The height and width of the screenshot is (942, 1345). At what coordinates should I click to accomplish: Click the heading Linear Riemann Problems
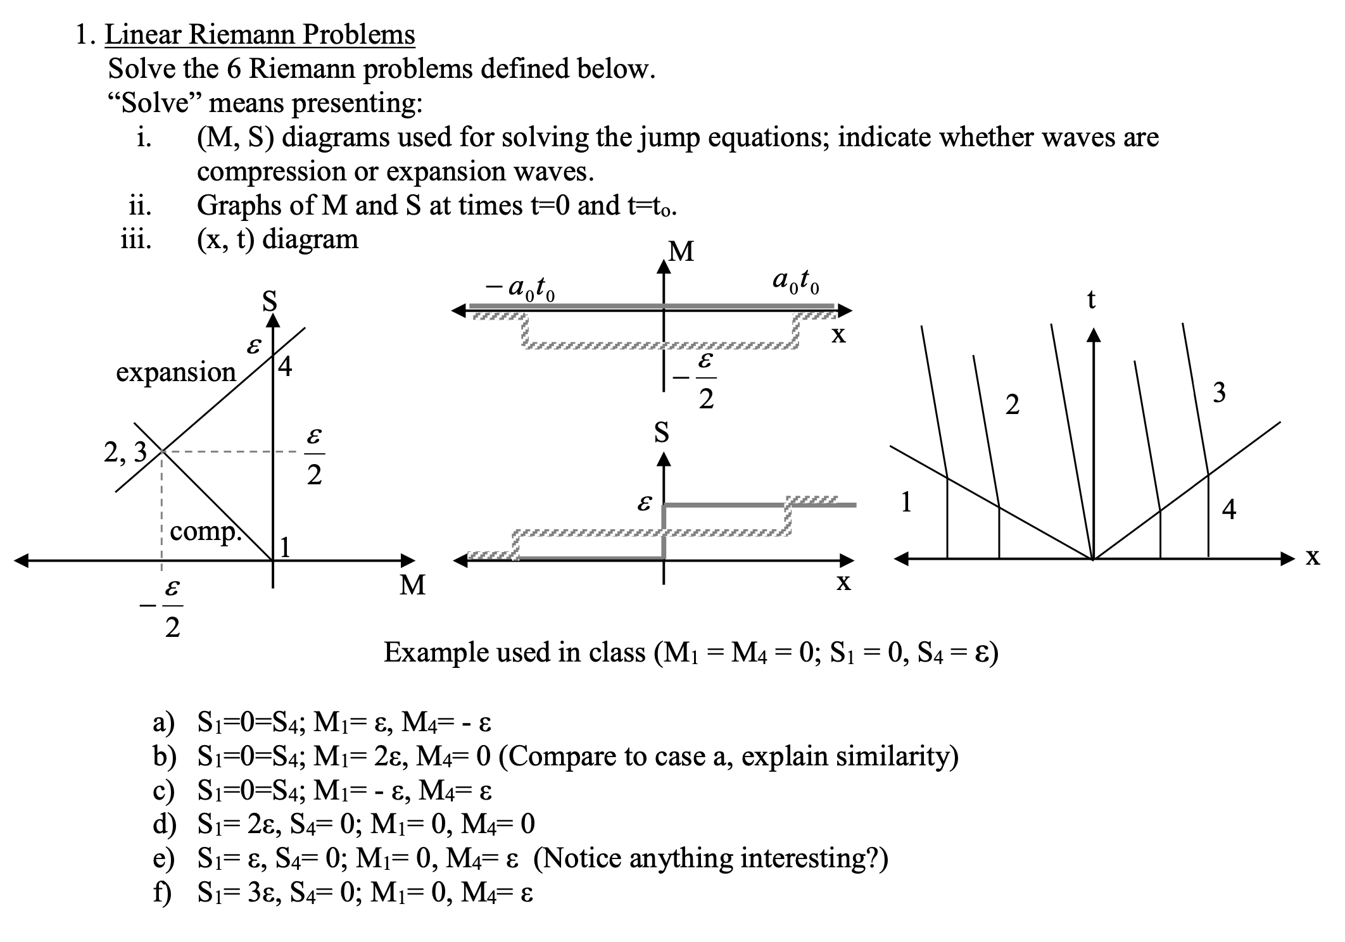pos(260,34)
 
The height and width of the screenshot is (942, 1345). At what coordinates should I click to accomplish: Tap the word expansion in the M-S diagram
pos(175,372)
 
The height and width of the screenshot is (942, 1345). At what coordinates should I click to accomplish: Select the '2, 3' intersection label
pos(125,453)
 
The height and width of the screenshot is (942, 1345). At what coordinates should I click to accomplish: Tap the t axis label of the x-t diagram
pos(1090,299)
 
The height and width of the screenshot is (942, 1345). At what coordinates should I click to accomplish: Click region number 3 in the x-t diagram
pos(1219,393)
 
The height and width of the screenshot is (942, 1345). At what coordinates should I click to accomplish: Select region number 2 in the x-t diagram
pos(1013,405)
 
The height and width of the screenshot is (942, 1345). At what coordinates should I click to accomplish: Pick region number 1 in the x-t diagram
pos(906,502)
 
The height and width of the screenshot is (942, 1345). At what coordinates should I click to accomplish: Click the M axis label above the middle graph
pos(681,253)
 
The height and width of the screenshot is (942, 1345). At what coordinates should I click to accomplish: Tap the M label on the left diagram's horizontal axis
pos(413,586)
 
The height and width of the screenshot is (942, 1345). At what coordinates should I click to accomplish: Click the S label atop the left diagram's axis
pos(270,301)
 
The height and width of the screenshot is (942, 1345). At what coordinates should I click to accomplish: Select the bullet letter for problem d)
pos(163,824)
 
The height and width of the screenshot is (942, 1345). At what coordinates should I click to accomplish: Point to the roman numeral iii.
pos(136,240)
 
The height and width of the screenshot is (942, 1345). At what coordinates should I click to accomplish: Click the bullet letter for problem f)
pos(161,893)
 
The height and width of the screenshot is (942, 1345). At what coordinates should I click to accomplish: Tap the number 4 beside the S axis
pos(286,367)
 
